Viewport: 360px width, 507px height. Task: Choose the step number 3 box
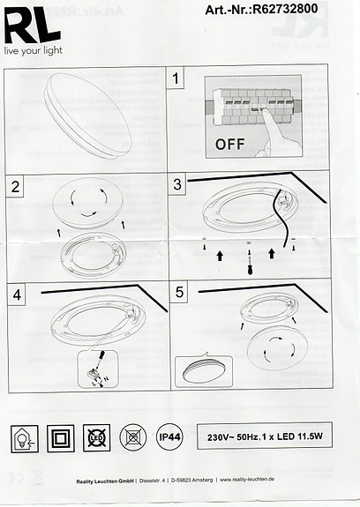(x=179, y=185)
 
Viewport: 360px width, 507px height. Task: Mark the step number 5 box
(x=179, y=295)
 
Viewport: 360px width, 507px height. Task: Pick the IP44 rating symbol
(x=169, y=436)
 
